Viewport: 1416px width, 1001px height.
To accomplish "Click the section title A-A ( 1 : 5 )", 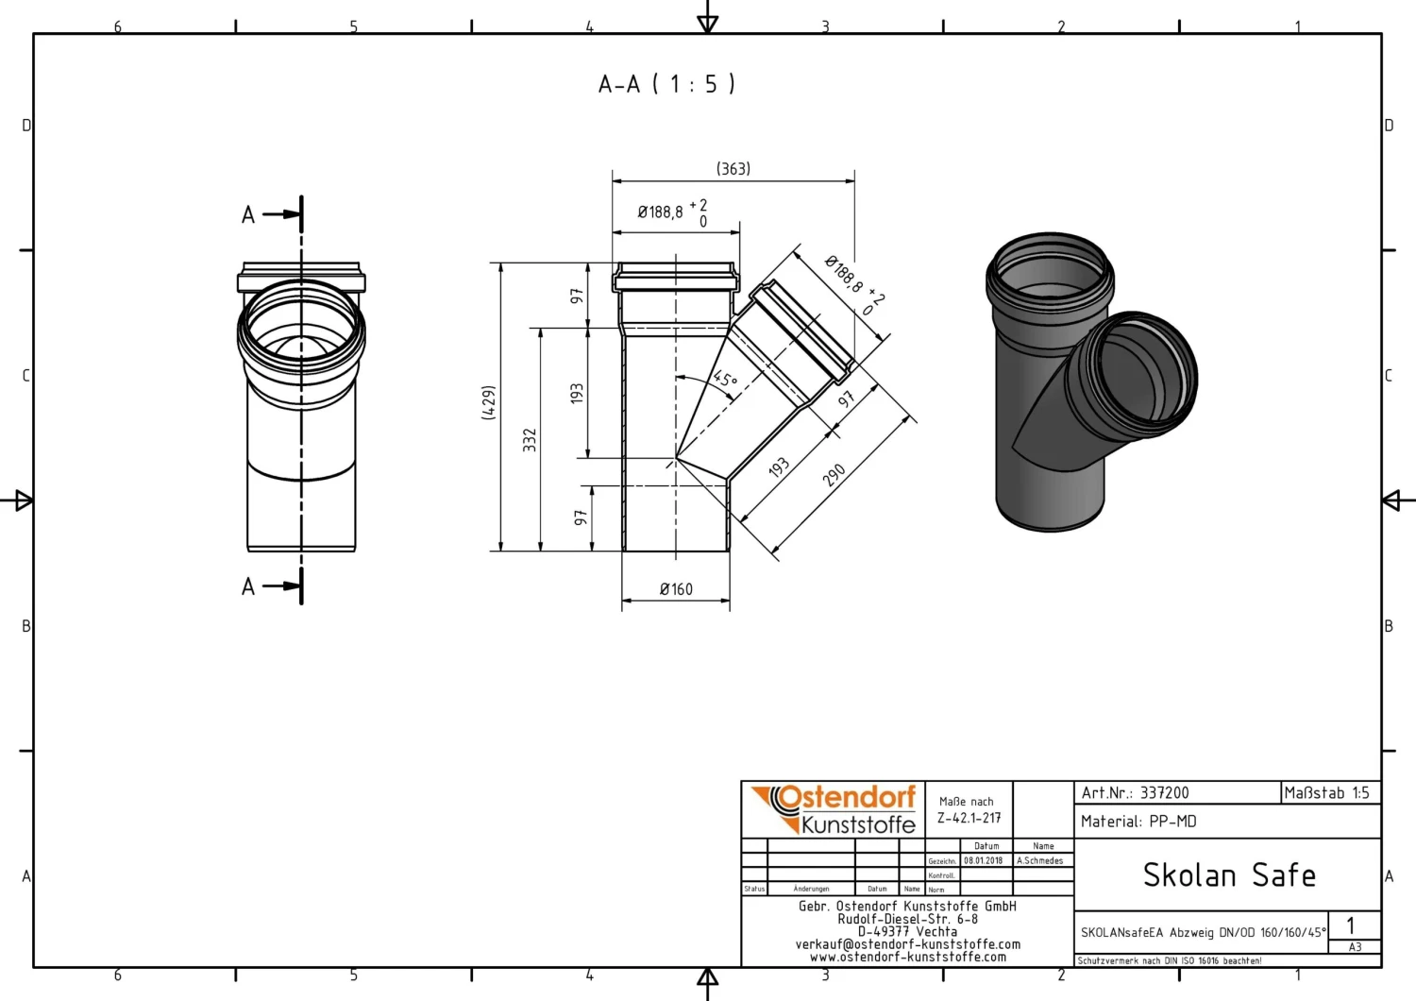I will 666,84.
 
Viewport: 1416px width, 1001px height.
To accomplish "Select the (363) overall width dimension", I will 733,169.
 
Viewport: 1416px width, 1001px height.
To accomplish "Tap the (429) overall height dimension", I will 489,402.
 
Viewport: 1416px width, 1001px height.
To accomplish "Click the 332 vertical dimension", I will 530,440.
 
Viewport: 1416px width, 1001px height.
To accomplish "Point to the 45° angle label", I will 724,380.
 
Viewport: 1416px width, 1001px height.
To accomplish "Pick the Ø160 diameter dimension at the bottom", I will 676,589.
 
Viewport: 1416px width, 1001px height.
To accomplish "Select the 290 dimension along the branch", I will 834,475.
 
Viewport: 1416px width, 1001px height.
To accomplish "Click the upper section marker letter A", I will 248,215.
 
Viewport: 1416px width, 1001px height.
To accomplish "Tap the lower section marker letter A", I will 248,587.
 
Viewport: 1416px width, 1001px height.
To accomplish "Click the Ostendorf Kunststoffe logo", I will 834,809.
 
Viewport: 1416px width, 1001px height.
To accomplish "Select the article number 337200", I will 1164,793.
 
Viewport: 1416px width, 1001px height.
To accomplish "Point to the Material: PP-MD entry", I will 1138,822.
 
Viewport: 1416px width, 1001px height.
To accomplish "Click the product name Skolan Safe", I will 1228,875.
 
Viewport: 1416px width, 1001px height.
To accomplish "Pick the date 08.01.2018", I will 983,861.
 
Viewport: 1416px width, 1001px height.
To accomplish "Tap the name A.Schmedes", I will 1039,861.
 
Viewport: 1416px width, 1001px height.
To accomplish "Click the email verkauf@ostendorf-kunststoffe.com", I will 907,944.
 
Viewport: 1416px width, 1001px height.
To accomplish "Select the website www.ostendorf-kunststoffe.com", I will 907,957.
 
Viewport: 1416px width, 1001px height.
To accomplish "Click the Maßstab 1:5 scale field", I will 1326,793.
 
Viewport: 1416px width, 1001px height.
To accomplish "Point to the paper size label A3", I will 1355,947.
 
